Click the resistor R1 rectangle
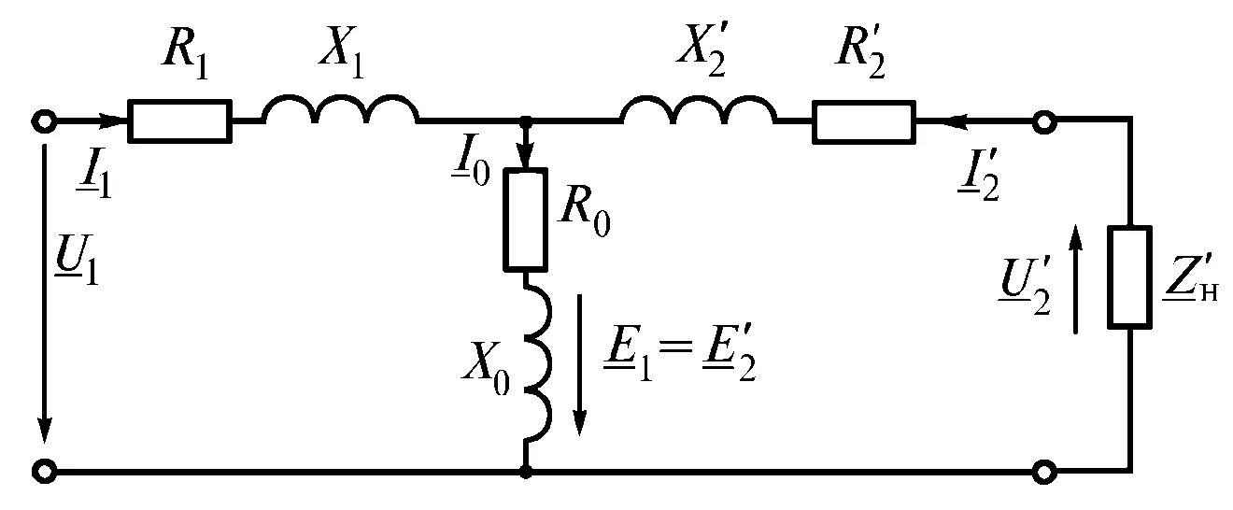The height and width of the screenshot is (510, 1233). (x=179, y=121)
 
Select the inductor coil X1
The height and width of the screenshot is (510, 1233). (x=341, y=110)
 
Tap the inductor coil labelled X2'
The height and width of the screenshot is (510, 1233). (x=699, y=110)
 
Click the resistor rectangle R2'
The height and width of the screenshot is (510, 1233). (x=864, y=121)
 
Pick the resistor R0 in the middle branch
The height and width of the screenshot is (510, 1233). (x=527, y=220)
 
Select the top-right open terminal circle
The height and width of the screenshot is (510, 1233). (x=1044, y=121)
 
